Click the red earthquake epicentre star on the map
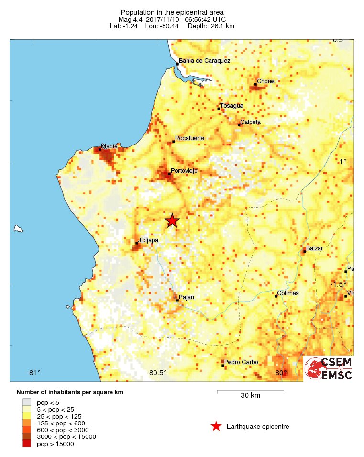click(x=172, y=221)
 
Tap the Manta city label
click(x=109, y=146)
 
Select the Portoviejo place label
click(x=184, y=171)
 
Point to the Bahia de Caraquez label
click(x=204, y=61)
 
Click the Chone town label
click(x=265, y=81)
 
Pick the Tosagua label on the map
click(x=232, y=106)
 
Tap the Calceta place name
click(x=251, y=122)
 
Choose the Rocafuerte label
click(x=190, y=138)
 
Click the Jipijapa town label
click(x=148, y=240)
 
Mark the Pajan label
click(x=187, y=298)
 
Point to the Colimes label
click(x=288, y=293)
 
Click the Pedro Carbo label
click(x=241, y=362)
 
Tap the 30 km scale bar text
click(x=250, y=396)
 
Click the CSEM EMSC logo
click(x=329, y=368)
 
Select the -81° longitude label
click(x=33, y=373)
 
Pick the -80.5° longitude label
click(x=156, y=373)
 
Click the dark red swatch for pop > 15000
click(x=27, y=444)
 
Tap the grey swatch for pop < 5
click(x=27, y=402)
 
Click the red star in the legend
click(x=216, y=426)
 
